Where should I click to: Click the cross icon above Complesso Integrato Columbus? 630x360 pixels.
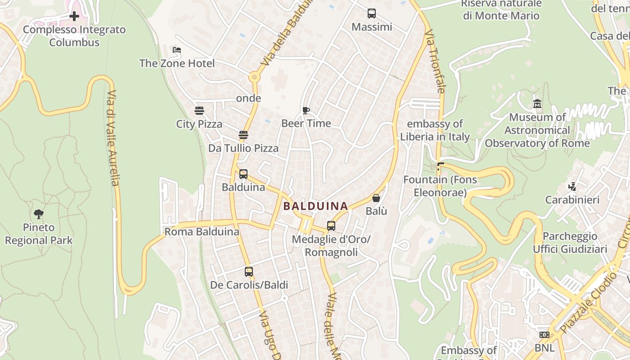pyautogui.click(x=74, y=17)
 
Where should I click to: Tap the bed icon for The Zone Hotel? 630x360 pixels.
pyautogui.click(x=177, y=50)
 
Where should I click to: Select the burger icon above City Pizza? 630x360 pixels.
pyautogui.click(x=199, y=111)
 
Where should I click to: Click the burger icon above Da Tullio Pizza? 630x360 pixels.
pyautogui.click(x=243, y=135)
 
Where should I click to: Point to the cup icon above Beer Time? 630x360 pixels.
pyautogui.click(x=306, y=110)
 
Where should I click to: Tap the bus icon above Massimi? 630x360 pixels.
pyautogui.click(x=372, y=13)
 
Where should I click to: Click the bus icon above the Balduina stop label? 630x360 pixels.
pyautogui.click(x=243, y=174)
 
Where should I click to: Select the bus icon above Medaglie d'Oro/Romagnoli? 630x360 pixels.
pyautogui.click(x=331, y=226)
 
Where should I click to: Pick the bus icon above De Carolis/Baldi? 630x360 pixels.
pyautogui.click(x=249, y=272)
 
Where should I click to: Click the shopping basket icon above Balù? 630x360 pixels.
pyautogui.click(x=376, y=198)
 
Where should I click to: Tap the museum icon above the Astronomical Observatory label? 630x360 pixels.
pyautogui.click(x=537, y=104)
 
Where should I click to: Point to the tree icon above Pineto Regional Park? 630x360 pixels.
pyautogui.click(x=39, y=214)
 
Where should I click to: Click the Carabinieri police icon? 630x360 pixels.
pyautogui.click(x=572, y=186)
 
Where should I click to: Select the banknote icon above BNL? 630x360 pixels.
pyautogui.click(x=544, y=335)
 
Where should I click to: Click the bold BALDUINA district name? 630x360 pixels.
pyautogui.click(x=316, y=207)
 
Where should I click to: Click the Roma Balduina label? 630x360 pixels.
pyautogui.click(x=202, y=232)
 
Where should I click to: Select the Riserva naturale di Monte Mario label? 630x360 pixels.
pyautogui.click(x=501, y=9)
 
